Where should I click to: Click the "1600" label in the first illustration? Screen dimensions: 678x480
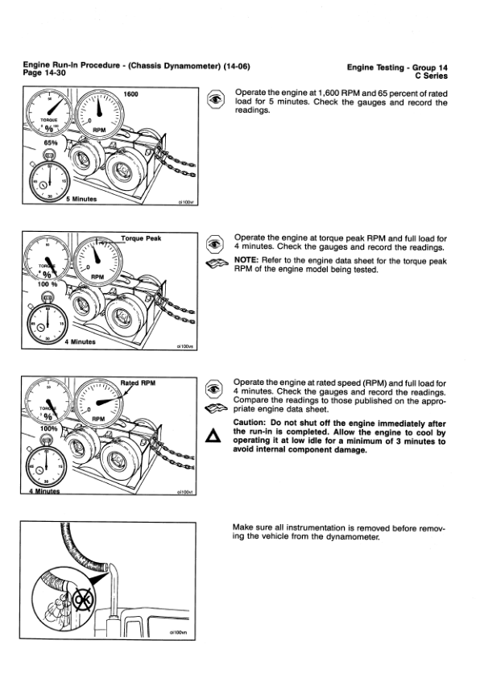click(x=130, y=95)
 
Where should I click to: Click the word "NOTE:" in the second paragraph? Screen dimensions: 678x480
click(x=248, y=261)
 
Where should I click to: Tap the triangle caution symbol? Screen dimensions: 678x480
click(x=213, y=436)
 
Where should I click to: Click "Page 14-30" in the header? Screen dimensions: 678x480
click(x=48, y=73)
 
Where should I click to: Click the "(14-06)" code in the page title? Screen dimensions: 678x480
click(x=238, y=66)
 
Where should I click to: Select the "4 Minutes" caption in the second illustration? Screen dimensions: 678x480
click(x=80, y=341)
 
